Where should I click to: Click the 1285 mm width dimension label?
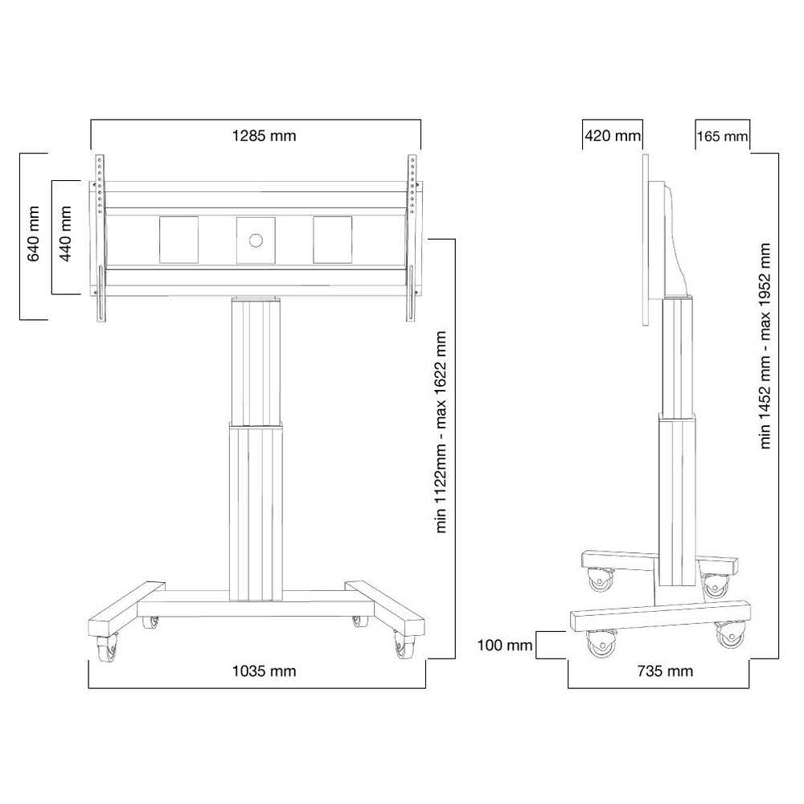click(x=264, y=136)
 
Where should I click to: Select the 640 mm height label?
click(x=33, y=234)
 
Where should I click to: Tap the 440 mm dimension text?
click(x=66, y=234)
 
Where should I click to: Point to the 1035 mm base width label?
click(x=264, y=671)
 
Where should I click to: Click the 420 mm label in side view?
click(x=613, y=136)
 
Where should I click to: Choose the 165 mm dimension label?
click(x=722, y=137)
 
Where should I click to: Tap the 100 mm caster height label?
click(x=505, y=645)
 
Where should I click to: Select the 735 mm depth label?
click(x=665, y=671)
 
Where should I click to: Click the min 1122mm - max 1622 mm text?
click(x=441, y=433)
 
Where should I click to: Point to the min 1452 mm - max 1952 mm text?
click(x=765, y=346)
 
